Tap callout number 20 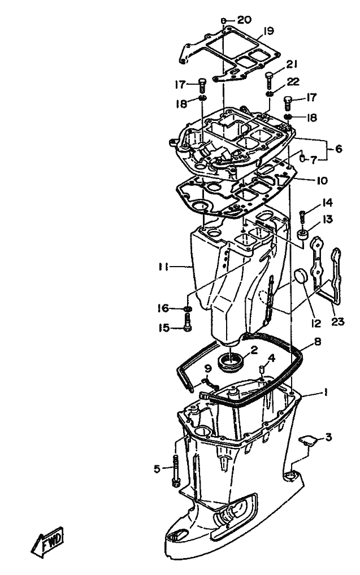[x=244, y=20]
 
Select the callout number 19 [x=268, y=31]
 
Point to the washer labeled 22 [x=271, y=93]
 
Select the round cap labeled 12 [x=300, y=277]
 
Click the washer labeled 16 [x=188, y=310]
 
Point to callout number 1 [x=326, y=391]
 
